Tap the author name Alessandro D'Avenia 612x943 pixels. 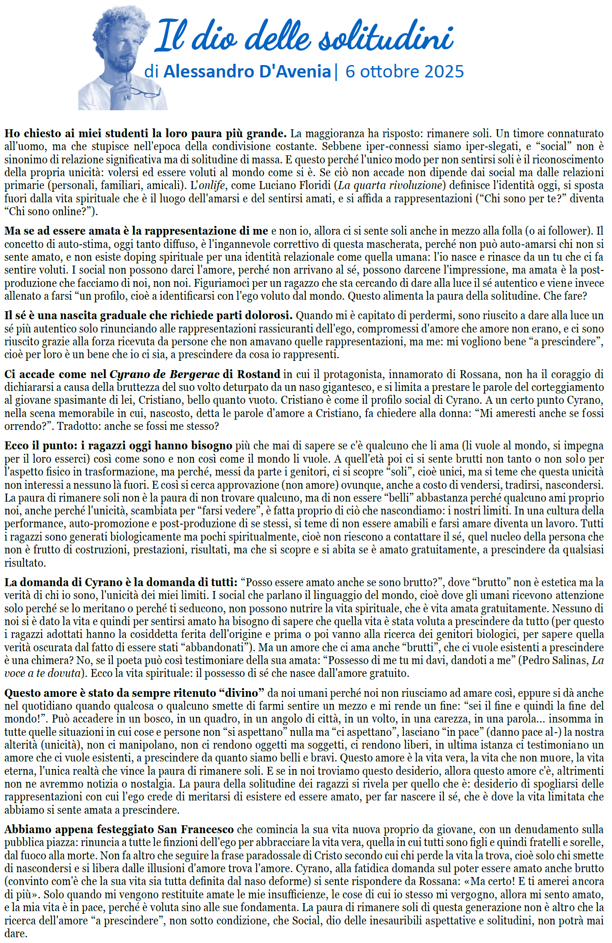pyautogui.click(x=247, y=71)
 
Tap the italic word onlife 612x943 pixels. pyautogui.click(x=212, y=186)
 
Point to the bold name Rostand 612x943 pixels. pyautogui.click(x=258, y=375)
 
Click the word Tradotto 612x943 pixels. pyautogui.click(x=75, y=426)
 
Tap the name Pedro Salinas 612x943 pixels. pyautogui.click(x=554, y=661)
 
